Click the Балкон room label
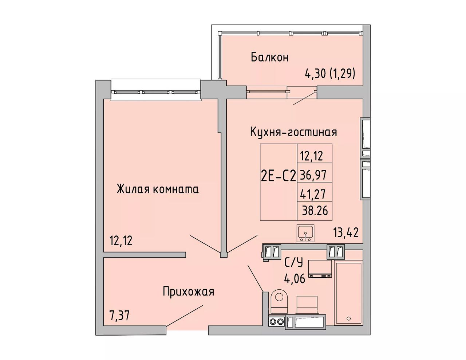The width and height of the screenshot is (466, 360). [x=269, y=58]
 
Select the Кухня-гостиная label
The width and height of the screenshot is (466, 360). [x=293, y=132]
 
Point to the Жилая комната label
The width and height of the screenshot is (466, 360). [x=158, y=189]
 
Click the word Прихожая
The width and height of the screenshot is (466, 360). [x=189, y=292]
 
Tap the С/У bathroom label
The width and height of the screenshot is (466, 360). [x=293, y=262]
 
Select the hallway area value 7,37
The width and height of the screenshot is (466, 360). [x=119, y=316]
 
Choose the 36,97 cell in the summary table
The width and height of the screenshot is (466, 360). [x=315, y=175]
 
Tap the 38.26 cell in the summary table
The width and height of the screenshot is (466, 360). [x=315, y=211]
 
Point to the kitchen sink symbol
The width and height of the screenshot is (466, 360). [x=305, y=233]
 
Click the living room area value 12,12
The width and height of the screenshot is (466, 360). [x=121, y=240]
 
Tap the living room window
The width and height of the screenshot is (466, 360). [x=156, y=92]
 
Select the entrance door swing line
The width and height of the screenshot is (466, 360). [x=184, y=318]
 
